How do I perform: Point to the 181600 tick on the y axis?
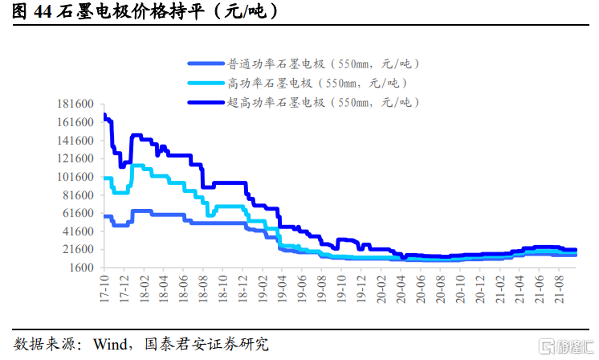77,104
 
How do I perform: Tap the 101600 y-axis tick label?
77,177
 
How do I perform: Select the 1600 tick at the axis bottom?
84,268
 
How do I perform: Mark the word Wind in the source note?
110,345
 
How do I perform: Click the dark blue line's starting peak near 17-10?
105,116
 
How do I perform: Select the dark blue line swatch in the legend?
206,102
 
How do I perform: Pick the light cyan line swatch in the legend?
206,83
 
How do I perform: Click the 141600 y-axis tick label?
77,141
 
